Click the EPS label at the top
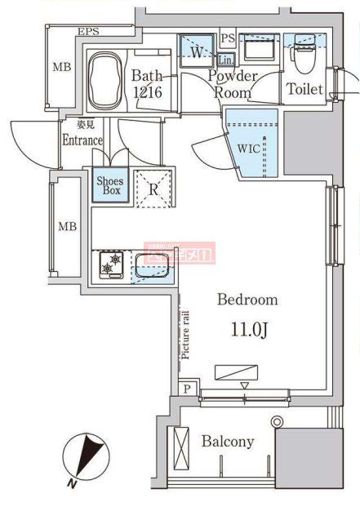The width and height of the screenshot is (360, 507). [88, 32]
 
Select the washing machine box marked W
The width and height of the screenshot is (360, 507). [196, 51]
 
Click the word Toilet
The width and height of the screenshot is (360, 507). [304, 90]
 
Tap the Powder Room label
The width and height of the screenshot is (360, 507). [233, 84]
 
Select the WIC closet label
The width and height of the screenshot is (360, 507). [249, 150]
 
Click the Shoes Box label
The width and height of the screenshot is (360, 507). [109, 185]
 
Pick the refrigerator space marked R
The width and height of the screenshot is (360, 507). [153, 189]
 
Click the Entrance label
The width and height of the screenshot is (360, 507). [82, 140]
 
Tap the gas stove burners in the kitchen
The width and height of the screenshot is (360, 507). [110, 264]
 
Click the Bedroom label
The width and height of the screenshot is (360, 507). [247, 300]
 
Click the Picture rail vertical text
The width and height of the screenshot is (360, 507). [185, 335]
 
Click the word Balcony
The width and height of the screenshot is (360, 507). [228, 442]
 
